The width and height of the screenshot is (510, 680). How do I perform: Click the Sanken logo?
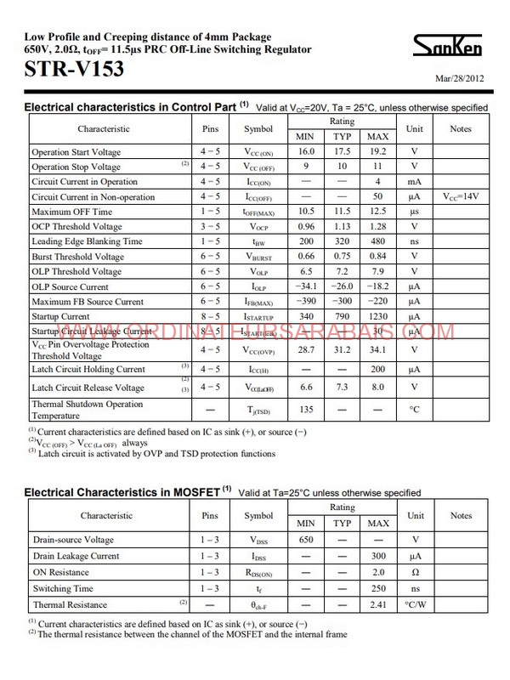coord(458,46)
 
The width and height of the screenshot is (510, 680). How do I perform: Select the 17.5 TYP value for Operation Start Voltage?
coord(342,151)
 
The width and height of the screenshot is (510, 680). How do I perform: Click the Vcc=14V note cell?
coord(461,196)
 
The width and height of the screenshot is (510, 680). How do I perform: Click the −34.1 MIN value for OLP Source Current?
coord(304,286)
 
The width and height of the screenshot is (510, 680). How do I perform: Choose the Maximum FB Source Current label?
coord(88,302)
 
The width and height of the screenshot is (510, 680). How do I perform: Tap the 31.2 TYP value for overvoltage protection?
coord(342,349)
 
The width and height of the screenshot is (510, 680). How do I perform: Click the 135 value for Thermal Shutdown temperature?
coord(304,409)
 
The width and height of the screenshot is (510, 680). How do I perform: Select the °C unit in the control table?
coord(415,409)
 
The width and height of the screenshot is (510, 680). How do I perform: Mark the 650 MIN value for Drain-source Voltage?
coord(304,540)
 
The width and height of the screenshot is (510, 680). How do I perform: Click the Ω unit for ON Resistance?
coord(415,572)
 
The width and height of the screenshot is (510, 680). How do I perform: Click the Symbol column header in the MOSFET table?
coord(258,515)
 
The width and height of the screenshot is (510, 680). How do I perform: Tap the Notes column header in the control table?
coord(461,128)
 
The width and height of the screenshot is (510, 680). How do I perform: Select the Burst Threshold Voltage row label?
coord(77,257)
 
